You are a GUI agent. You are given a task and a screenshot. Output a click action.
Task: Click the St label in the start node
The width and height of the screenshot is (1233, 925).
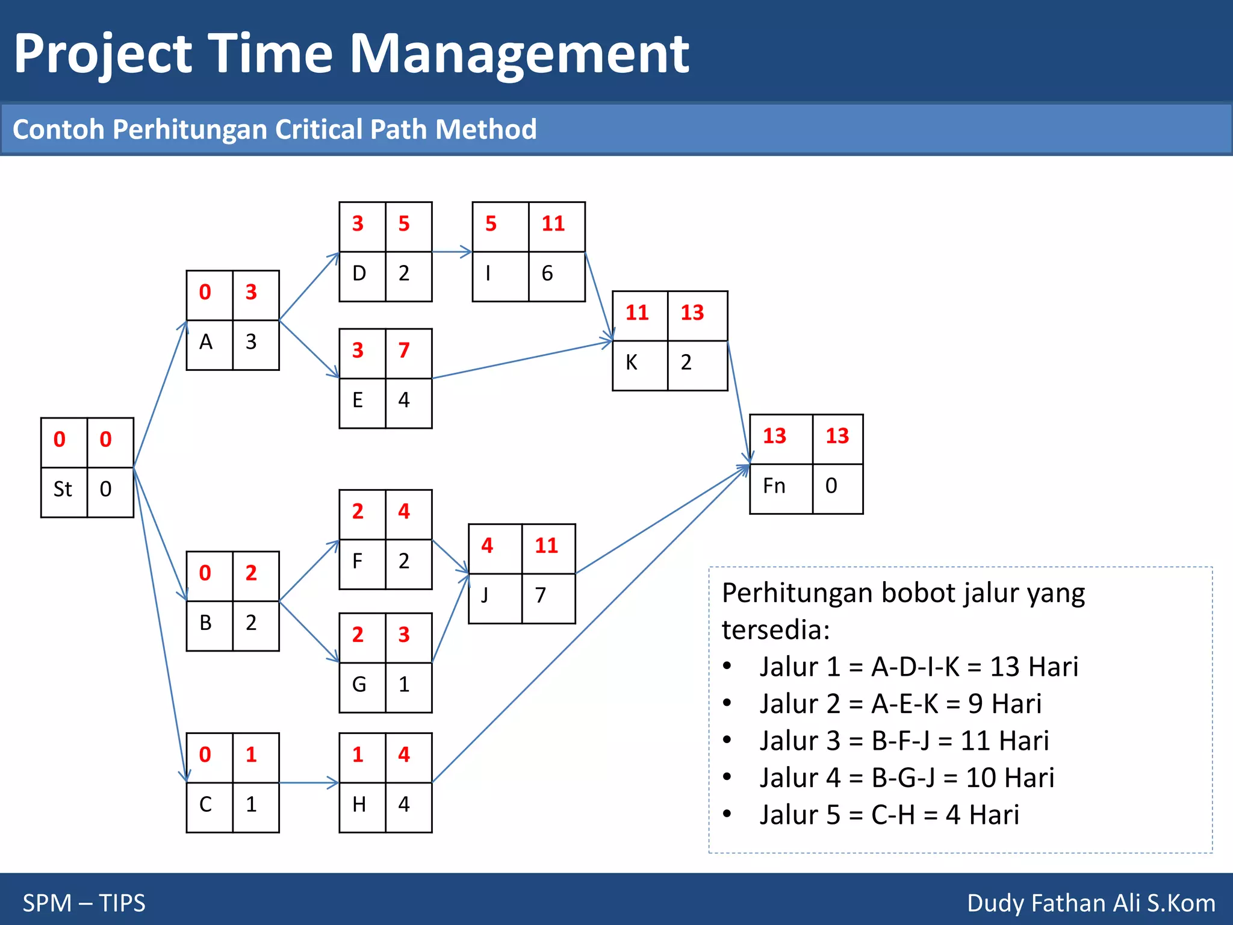tap(63, 489)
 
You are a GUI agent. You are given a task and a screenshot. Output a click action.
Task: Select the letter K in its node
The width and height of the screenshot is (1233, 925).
tap(631, 363)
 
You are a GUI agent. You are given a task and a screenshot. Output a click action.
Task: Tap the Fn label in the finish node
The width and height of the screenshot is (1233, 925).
tap(774, 486)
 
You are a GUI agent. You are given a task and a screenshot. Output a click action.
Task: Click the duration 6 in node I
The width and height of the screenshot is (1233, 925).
tap(547, 273)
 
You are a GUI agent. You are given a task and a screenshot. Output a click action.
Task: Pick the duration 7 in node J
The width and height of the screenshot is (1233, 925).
tap(540, 596)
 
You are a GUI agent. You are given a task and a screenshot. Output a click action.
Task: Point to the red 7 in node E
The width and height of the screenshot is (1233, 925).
tap(403, 350)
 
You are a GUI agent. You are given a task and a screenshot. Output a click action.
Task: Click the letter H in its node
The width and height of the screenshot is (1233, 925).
tap(359, 805)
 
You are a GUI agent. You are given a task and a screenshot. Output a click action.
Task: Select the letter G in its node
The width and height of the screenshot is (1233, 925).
tap(359, 685)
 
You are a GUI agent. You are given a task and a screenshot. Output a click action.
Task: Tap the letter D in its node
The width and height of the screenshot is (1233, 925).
tap(359, 273)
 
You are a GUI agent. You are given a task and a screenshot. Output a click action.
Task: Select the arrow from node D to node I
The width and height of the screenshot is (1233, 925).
tap(452, 252)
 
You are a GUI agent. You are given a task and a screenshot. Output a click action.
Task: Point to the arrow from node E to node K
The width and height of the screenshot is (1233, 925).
tap(521, 360)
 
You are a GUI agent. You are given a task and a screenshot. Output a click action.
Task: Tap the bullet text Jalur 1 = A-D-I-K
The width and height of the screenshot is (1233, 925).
tap(918, 667)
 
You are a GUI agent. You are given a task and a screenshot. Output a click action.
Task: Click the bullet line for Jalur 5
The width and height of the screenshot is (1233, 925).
tap(889, 815)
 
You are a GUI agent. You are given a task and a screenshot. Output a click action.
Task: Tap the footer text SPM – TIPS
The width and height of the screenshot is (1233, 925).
tap(84, 903)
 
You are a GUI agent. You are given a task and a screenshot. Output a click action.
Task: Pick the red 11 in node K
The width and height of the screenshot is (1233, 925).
tap(636, 313)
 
